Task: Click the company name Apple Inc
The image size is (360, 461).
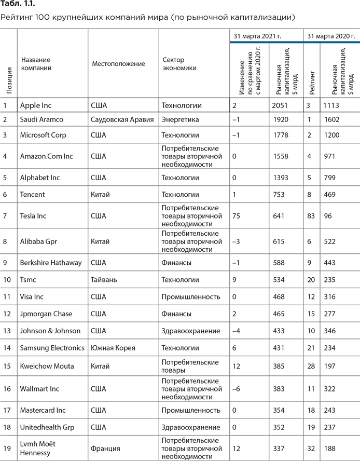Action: [x=36, y=105]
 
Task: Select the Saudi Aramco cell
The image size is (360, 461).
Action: [x=41, y=120]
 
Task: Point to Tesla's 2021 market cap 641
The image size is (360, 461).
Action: [x=279, y=215]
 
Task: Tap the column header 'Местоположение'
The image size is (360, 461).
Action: [x=118, y=64]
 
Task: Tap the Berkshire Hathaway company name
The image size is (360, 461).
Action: [x=51, y=263]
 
